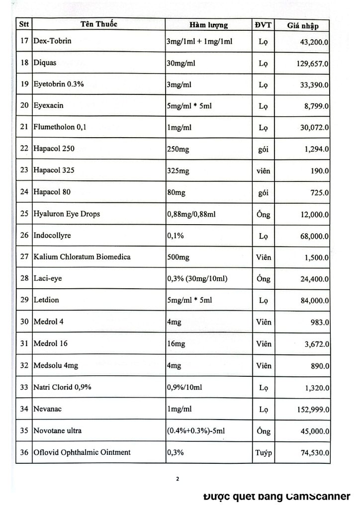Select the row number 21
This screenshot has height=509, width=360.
click(x=24, y=127)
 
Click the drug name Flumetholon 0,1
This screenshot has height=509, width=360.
click(x=60, y=127)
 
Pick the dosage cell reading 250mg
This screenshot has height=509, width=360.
click(x=178, y=149)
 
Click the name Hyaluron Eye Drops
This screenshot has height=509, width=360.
click(x=67, y=214)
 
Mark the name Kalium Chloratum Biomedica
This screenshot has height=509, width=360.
click(x=82, y=257)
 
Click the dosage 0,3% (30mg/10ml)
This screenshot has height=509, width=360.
click(x=197, y=279)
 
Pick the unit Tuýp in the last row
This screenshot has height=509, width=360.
click(x=264, y=453)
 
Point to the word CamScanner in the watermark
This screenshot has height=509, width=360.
click(x=318, y=496)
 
